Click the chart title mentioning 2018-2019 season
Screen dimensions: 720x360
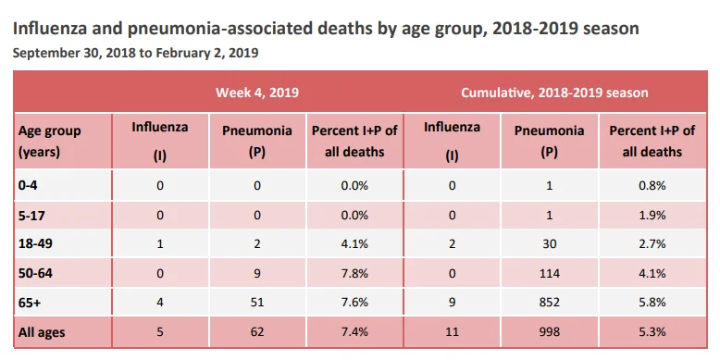(x=326, y=29)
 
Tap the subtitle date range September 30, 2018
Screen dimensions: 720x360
(x=135, y=53)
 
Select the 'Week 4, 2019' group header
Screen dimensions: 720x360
(x=257, y=93)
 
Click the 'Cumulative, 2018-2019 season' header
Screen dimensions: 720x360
(x=554, y=93)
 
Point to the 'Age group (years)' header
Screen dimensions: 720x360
(x=49, y=141)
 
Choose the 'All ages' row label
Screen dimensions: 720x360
(x=42, y=332)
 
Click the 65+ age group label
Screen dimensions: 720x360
(x=30, y=303)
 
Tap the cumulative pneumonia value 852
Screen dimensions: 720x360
(x=550, y=303)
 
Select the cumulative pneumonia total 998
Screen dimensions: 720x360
(x=550, y=331)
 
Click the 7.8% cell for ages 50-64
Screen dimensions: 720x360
(x=354, y=273)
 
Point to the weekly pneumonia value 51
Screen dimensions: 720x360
(x=257, y=303)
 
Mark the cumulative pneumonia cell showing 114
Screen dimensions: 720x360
(x=550, y=273)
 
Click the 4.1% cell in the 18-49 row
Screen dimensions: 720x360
(x=354, y=243)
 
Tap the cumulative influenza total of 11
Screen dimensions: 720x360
(x=453, y=331)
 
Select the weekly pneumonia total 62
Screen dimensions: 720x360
(x=257, y=331)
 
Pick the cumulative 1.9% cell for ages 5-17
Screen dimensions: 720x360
(x=652, y=215)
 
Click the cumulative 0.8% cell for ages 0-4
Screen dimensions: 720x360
(x=652, y=185)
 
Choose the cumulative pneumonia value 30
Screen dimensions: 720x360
(x=550, y=243)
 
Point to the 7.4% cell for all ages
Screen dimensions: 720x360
(x=354, y=331)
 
